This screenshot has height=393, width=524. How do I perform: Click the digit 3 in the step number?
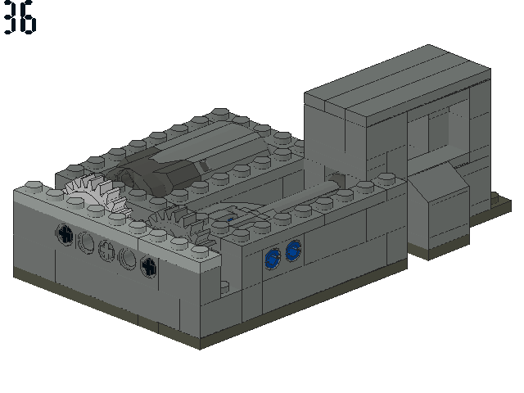click(10, 16)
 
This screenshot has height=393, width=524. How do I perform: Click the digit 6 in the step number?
click(28, 17)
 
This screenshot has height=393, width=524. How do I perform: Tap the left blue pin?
click(273, 259)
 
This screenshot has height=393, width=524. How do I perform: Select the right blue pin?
click(293, 251)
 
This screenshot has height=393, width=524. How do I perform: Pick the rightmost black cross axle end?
click(148, 266)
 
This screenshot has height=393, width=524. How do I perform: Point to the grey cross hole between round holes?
click(106, 250)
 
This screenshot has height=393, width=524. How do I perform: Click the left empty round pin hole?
click(86, 242)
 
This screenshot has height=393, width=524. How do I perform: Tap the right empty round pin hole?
click(128, 258)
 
